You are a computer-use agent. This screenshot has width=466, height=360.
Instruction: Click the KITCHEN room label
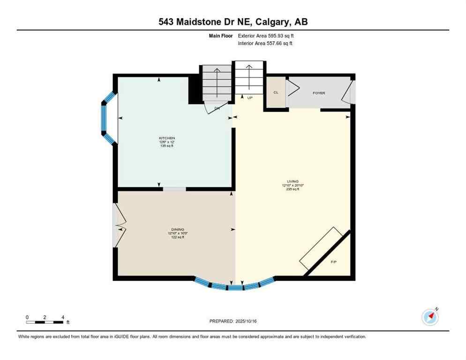166,138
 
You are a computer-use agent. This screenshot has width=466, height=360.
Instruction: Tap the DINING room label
177,229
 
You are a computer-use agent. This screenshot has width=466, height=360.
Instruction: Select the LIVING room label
293,181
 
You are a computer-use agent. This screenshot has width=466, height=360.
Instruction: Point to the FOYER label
319,93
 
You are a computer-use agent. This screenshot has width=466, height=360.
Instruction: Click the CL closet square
276,92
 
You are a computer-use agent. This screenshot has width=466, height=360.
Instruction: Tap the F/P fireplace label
334,262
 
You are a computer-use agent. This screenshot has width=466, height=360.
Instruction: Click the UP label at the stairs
249,98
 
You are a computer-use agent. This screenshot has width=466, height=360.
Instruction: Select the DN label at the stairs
217,108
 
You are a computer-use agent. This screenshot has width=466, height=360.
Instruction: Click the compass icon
430,317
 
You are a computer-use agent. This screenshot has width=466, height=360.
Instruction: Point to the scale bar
45,322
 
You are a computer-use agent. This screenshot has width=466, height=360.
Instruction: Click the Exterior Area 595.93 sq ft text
266,36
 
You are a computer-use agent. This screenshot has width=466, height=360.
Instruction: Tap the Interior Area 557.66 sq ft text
265,44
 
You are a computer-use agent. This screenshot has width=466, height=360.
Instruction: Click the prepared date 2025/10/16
233,321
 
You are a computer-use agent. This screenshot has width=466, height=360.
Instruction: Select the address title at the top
233,22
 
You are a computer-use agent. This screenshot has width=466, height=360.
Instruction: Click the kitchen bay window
107,117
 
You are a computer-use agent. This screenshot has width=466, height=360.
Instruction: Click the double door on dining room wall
118,225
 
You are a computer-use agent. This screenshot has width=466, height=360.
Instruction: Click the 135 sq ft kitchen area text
166,146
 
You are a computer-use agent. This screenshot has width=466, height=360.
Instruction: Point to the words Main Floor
221,36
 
